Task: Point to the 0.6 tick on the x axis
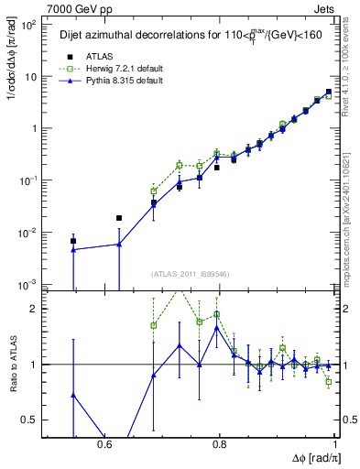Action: tap(104, 444)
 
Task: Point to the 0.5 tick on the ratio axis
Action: tap(33, 420)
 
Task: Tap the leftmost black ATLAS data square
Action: tap(73, 241)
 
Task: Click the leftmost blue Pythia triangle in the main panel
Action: tap(73, 249)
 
